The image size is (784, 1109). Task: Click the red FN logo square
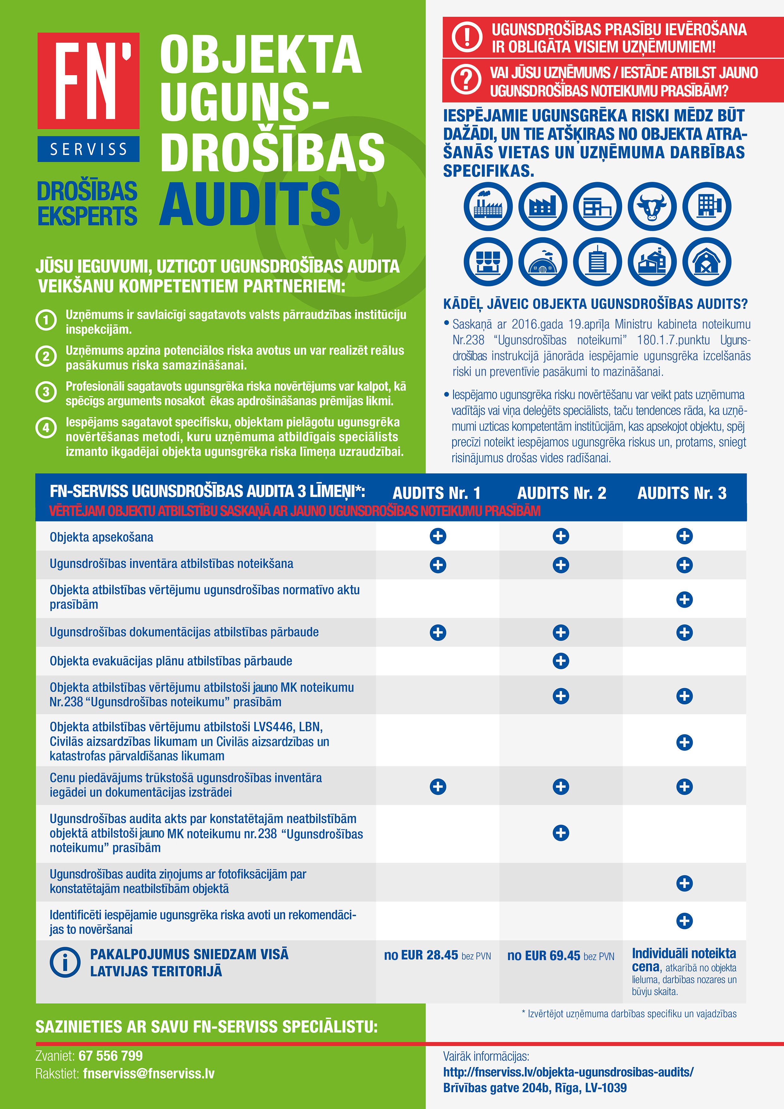(89, 81)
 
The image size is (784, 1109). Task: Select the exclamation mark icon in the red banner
(466, 37)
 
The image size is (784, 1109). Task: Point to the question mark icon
(466, 80)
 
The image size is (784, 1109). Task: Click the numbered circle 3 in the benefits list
(46, 391)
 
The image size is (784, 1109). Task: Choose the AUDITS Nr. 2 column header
(561, 493)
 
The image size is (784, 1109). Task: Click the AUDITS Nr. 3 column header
(682, 493)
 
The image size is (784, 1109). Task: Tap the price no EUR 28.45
(421, 955)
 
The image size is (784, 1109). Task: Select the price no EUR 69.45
(544, 955)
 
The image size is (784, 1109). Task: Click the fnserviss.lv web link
(568, 1072)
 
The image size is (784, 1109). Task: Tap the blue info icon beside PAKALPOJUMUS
(65, 962)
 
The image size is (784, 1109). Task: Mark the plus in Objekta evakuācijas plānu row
(561, 661)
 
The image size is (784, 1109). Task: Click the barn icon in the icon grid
(706, 262)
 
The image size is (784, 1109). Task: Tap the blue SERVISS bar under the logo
(89, 149)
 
